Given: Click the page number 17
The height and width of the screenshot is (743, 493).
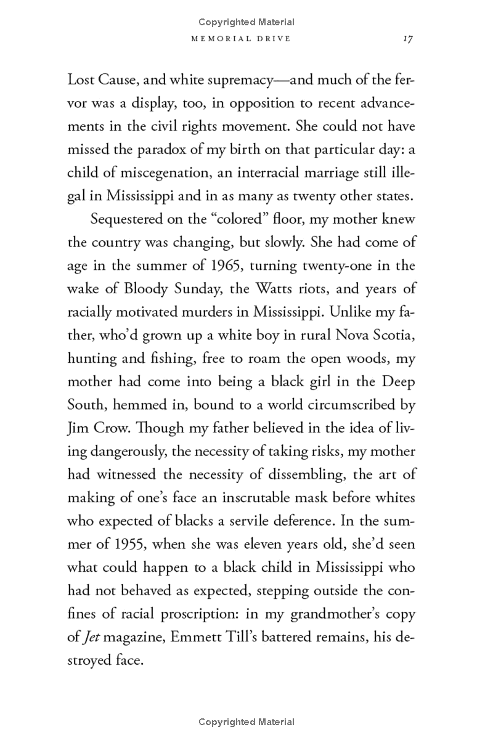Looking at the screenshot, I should (407, 38).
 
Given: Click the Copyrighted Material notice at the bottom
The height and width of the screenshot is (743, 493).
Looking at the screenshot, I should (246, 722).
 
